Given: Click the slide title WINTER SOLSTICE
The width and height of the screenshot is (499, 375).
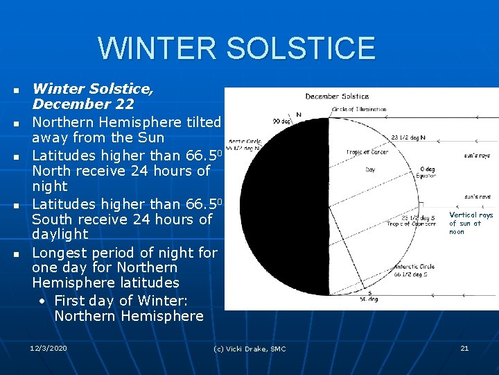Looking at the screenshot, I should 236,49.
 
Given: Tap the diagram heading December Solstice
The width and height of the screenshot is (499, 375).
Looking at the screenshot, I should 337,97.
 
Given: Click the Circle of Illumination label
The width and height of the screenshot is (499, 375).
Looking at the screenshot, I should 358,109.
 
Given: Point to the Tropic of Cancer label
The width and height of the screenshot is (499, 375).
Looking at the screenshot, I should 367,153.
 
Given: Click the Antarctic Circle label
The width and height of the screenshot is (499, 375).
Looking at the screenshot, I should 414,267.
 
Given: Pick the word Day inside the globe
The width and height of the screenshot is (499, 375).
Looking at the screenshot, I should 370,169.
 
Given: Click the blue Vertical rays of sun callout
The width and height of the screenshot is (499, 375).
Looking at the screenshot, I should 471,224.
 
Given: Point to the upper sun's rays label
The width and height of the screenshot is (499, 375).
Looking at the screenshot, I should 477,156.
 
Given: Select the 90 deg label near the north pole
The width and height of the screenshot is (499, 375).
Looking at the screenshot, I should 281,122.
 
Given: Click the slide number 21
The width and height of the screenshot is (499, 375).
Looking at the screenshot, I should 464,348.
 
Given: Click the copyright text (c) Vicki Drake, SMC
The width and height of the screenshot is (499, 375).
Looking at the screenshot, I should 249,349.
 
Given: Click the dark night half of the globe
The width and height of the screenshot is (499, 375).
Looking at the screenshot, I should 277,208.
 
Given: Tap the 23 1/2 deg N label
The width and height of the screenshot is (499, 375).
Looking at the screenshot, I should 408,137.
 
